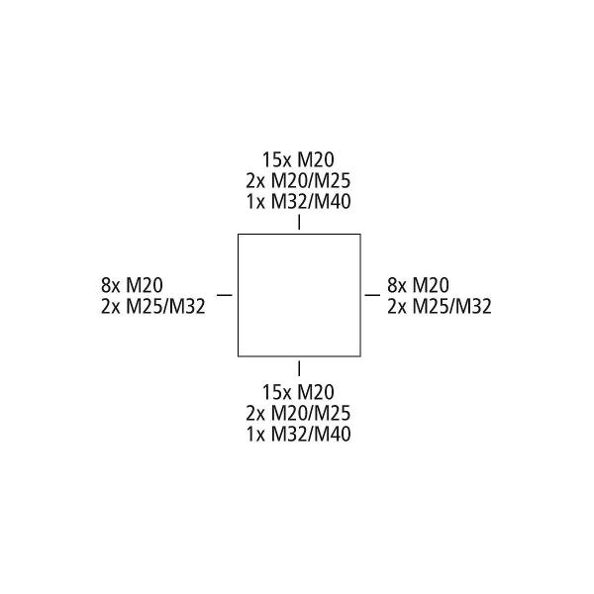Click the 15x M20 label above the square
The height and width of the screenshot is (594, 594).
(x=298, y=159)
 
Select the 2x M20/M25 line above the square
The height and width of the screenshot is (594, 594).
(x=298, y=181)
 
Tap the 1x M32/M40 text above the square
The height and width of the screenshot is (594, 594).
(x=298, y=202)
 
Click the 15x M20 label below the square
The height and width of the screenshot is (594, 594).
(x=298, y=391)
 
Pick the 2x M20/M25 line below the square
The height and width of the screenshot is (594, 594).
(x=298, y=413)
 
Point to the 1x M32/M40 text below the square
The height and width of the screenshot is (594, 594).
(x=298, y=434)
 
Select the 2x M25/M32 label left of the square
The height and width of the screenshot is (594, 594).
(x=152, y=306)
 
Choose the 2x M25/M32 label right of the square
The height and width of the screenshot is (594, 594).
(x=440, y=306)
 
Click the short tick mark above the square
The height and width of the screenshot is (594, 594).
(x=299, y=223)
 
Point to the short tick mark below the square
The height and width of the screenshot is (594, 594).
(x=299, y=369)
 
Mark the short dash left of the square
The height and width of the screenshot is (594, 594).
(x=224, y=295)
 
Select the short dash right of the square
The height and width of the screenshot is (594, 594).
(x=373, y=295)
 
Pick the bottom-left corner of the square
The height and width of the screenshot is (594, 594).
(x=239, y=355)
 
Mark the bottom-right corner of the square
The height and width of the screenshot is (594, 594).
(x=359, y=355)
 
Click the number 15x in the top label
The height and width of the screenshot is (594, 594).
(x=274, y=159)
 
